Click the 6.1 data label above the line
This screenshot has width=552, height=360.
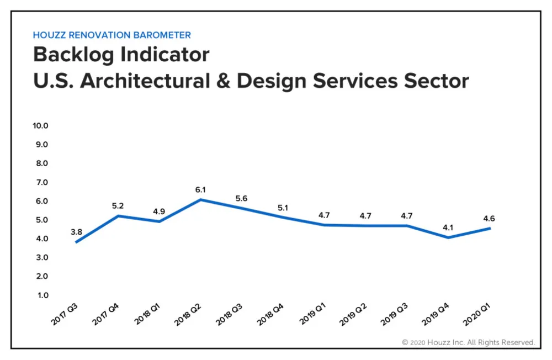(201, 189)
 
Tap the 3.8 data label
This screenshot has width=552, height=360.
(76, 232)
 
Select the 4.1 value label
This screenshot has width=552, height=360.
(448, 227)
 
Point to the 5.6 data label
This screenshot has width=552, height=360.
(241, 198)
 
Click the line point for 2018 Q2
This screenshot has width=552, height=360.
(201, 200)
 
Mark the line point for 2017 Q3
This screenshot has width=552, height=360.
(76, 242)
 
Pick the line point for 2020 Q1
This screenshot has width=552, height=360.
(490, 228)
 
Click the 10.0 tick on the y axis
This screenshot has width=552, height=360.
(41, 125)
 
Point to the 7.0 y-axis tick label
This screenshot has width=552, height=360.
(42, 182)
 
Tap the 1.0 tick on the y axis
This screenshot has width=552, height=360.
(43, 295)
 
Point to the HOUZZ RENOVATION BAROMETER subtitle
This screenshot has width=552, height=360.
(112, 35)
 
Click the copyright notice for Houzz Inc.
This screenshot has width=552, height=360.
(468, 342)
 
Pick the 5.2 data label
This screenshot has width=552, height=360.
(118, 206)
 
